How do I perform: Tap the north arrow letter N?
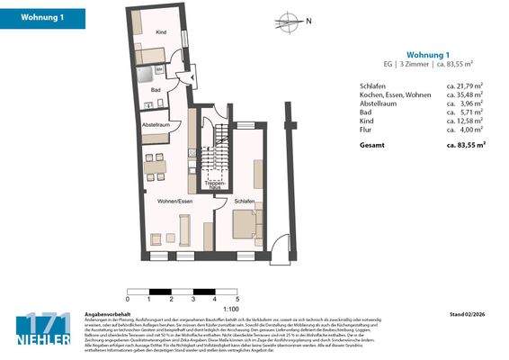tap(308, 21)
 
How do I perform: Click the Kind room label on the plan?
tap(162, 32)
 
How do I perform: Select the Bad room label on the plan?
tap(155, 90)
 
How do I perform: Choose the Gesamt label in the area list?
tap(372, 144)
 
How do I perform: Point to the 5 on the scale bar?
tap(237, 298)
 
